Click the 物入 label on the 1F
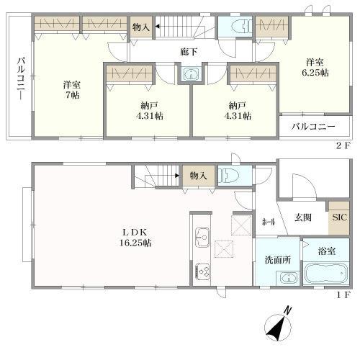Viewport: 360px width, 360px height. click(198, 175)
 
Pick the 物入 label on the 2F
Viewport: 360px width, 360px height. click(141, 27)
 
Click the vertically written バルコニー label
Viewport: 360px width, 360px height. click(22, 77)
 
